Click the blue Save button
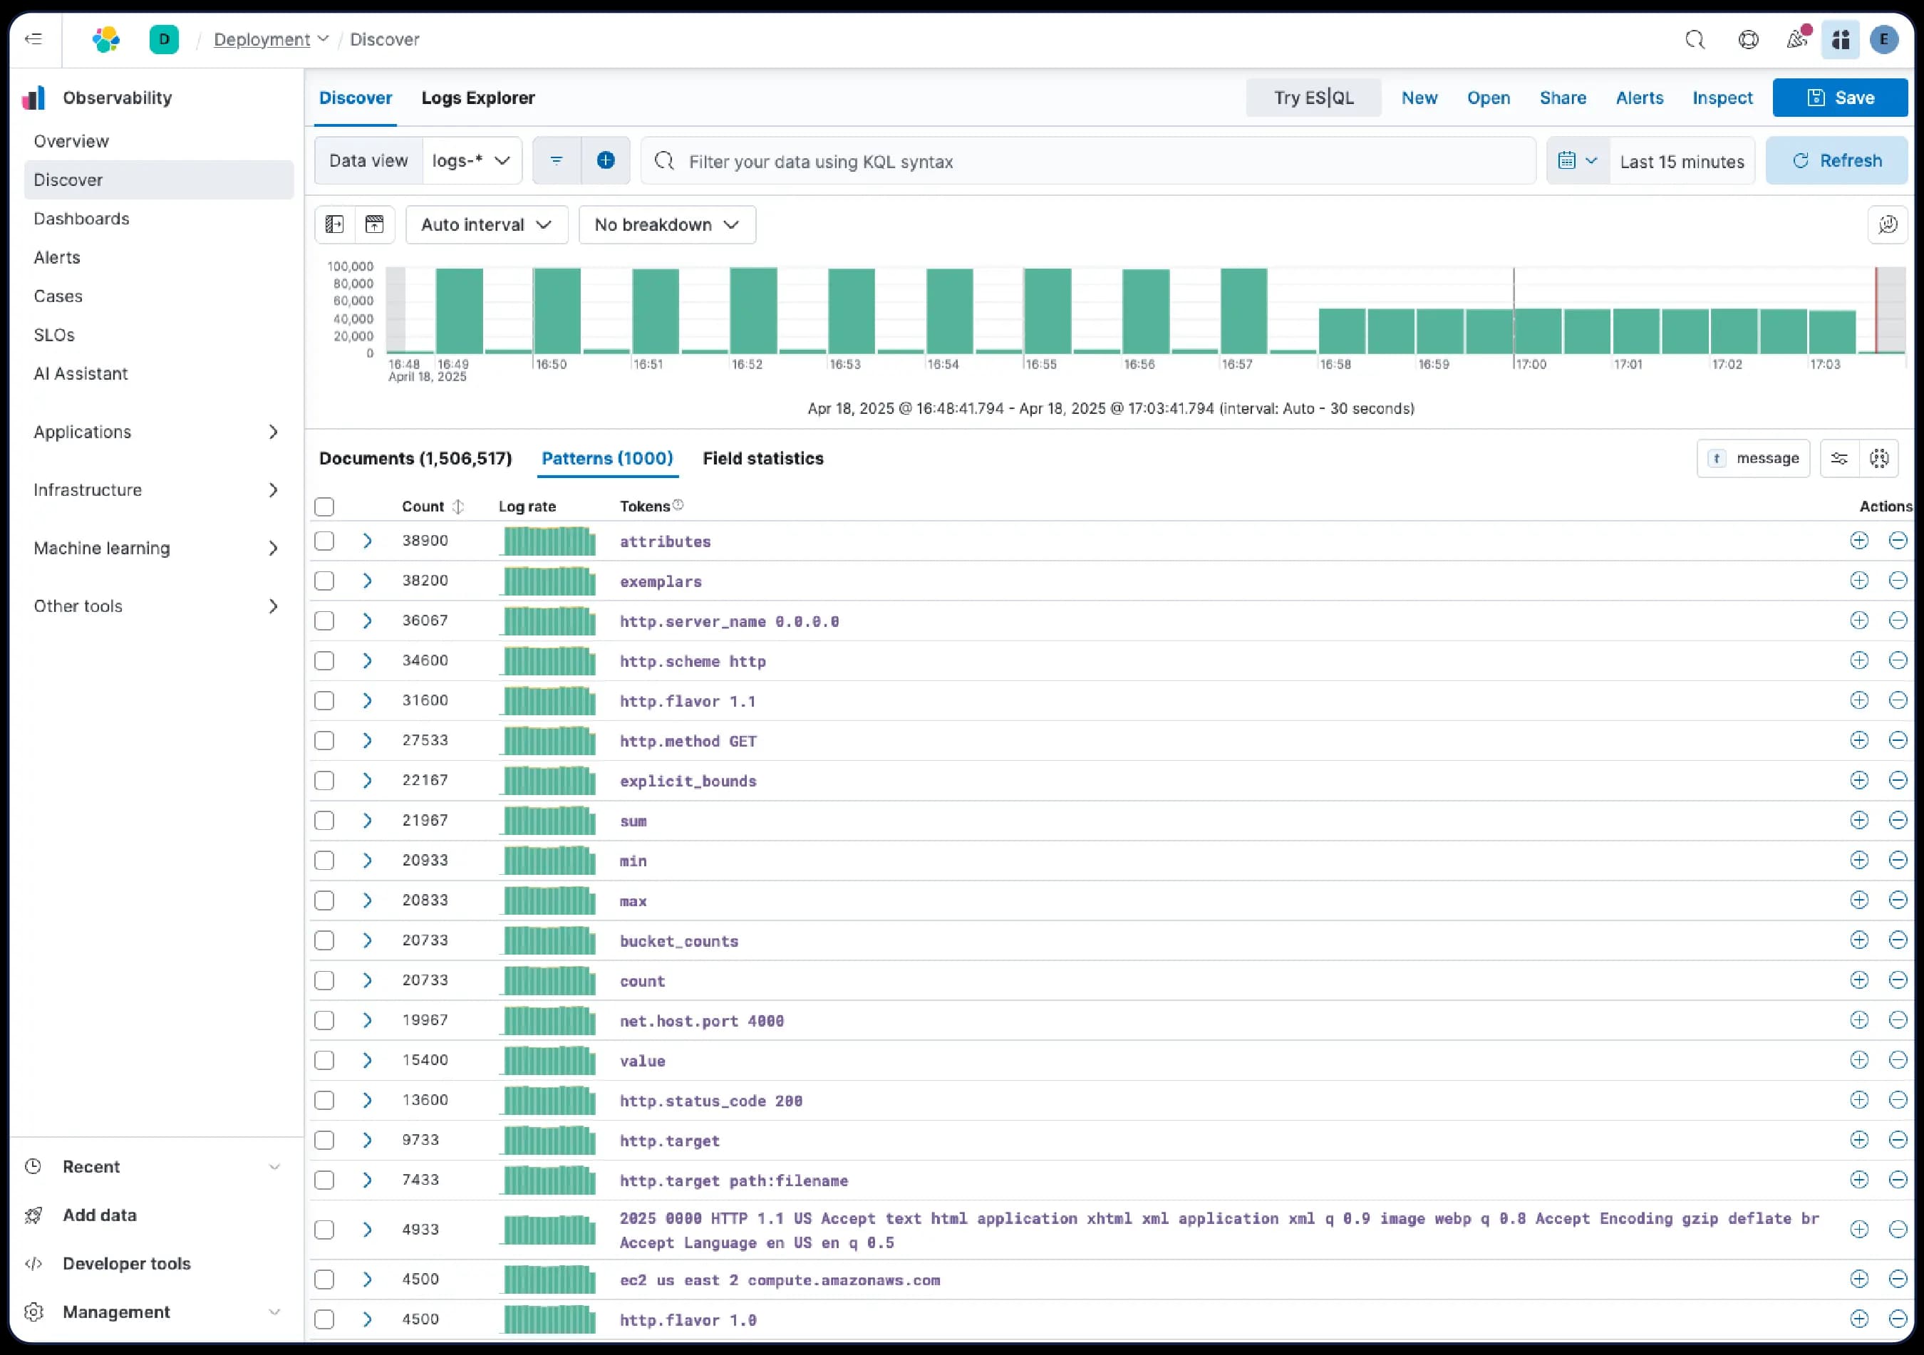coord(1839,98)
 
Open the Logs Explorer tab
coord(477,98)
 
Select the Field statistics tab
coord(762,458)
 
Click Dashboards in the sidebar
coord(81,219)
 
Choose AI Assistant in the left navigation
coord(81,374)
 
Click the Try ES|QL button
coord(1313,98)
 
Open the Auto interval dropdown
coord(486,224)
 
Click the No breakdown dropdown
coord(667,224)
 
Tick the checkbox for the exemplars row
coord(324,581)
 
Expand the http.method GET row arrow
coord(367,741)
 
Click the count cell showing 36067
coord(425,621)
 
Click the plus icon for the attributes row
coord(1858,541)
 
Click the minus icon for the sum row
coord(1898,821)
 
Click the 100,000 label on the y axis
coord(351,266)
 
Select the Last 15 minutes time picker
coord(1681,161)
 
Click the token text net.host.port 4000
coord(701,1021)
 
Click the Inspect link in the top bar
coord(1722,98)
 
